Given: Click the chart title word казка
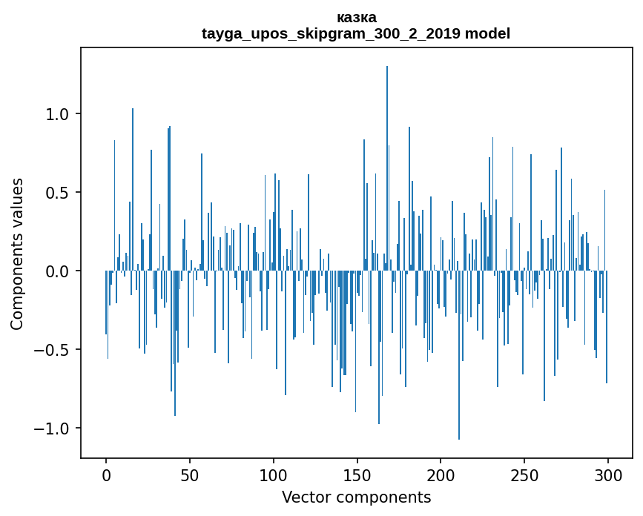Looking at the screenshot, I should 356,18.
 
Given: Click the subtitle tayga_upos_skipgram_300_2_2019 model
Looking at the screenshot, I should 356,34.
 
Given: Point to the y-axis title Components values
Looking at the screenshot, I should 17,254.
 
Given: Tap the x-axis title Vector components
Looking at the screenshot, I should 356,497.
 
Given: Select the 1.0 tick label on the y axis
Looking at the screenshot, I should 57,114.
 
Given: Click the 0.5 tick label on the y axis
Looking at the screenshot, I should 57,193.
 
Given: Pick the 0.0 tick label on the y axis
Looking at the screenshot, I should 57,271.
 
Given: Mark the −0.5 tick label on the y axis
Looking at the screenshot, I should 52,350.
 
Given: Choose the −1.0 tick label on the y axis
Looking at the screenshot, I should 52,429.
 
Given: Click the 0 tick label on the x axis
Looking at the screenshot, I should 106,474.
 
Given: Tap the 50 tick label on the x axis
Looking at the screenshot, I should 190,474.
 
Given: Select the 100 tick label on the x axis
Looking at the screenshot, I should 274,474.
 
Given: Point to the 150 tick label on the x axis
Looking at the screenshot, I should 357,474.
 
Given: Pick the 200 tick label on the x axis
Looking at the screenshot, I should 441,474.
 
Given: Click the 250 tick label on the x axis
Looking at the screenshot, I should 524,474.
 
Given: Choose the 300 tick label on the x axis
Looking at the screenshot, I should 608,474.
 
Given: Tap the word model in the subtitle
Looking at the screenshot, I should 487,34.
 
